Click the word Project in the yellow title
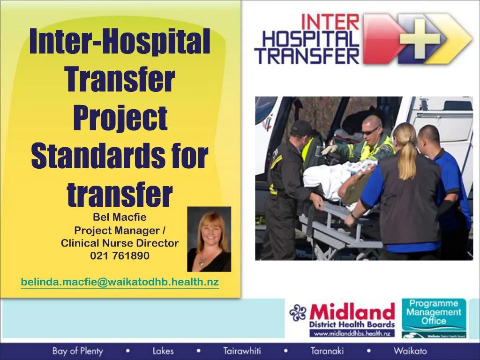coord(120,119)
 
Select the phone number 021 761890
coord(120,255)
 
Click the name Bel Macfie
coord(120,217)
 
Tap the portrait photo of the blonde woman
coord(209,239)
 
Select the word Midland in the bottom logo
coord(352,312)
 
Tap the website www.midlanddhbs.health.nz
coord(352,333)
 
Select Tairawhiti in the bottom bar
coord(242,351)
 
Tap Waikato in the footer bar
coord(410,351)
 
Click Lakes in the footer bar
coord(163,351)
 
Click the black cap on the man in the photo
coord(302,127)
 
